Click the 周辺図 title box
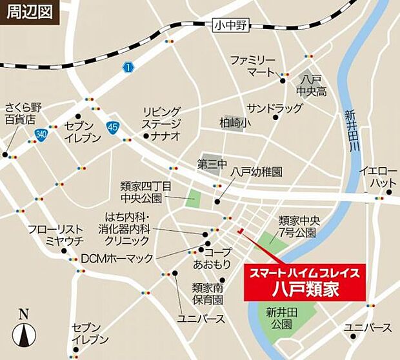30,12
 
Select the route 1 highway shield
128,67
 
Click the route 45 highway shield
114,128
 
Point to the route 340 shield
42,134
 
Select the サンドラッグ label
274,108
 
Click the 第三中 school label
212,165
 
